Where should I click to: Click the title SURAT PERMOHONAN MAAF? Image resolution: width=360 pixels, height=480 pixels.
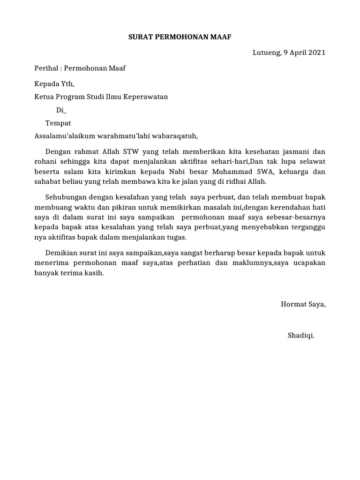(180, 37)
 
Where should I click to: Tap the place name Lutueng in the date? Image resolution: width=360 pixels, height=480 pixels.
(264, 52)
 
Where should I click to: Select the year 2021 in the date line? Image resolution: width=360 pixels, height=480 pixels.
(316, 52)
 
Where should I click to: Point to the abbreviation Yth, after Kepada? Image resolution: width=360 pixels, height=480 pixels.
(67, 84)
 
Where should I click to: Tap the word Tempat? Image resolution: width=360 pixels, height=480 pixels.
(58, 123)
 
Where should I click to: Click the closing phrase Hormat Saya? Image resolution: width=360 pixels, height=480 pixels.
(303, 304)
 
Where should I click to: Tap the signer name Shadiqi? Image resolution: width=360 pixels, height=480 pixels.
(301, 336)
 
